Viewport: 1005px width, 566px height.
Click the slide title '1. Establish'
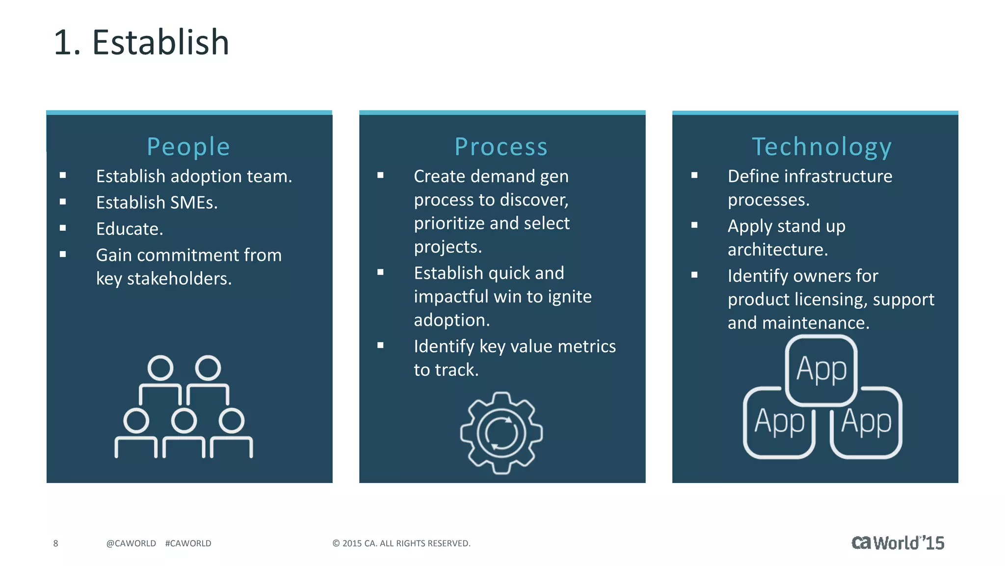(141, 42)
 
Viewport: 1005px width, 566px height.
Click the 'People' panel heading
(188, 147)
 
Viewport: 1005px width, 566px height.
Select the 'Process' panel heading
(501, 147)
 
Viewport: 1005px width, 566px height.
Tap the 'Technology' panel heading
(821, 147)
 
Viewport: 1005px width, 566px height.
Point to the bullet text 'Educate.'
(130, 229)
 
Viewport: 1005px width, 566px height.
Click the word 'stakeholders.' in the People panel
(179, 279)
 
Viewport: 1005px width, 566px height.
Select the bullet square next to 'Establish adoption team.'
(63, 175)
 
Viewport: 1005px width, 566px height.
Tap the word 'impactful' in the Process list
(451, 296)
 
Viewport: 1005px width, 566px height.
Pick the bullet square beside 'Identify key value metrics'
(380, 345)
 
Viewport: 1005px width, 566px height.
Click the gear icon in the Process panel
(501, 433)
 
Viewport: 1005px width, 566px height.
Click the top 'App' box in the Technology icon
(821, 369)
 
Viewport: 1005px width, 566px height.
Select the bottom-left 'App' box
(779, 423)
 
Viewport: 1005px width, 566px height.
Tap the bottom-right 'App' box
(866, 423)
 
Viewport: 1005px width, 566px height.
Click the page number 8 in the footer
(55, 543)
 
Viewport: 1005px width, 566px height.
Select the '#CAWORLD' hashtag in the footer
(188, 543)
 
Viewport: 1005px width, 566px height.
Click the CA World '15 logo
(898, 543)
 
